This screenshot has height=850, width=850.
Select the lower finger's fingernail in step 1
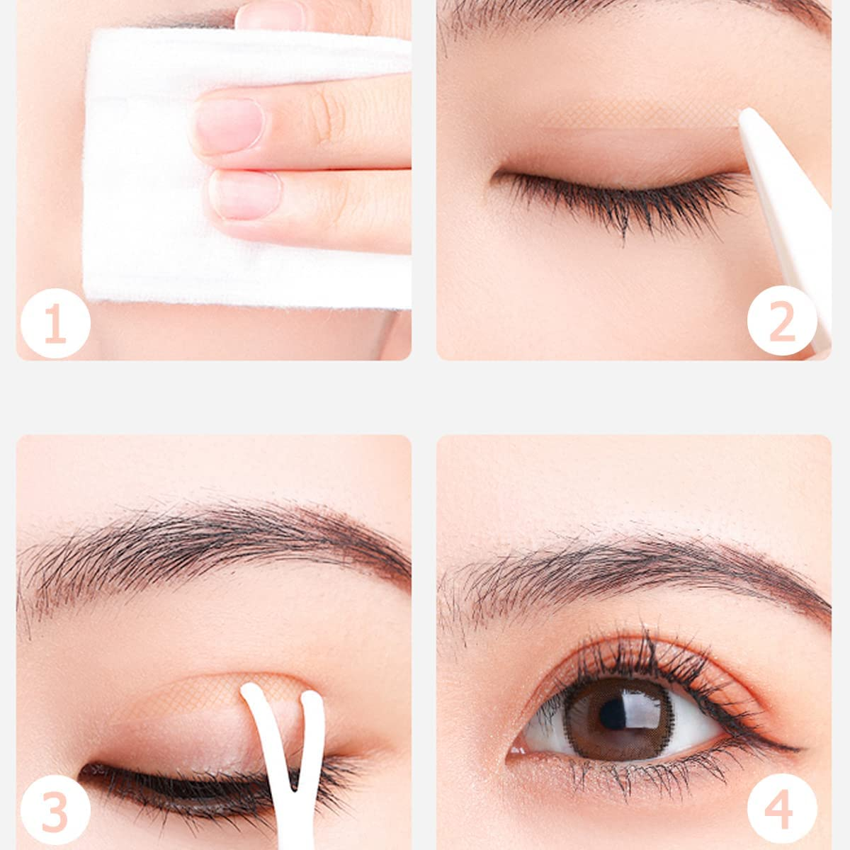click(244, 195)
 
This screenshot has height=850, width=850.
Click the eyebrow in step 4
click(637, 574)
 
